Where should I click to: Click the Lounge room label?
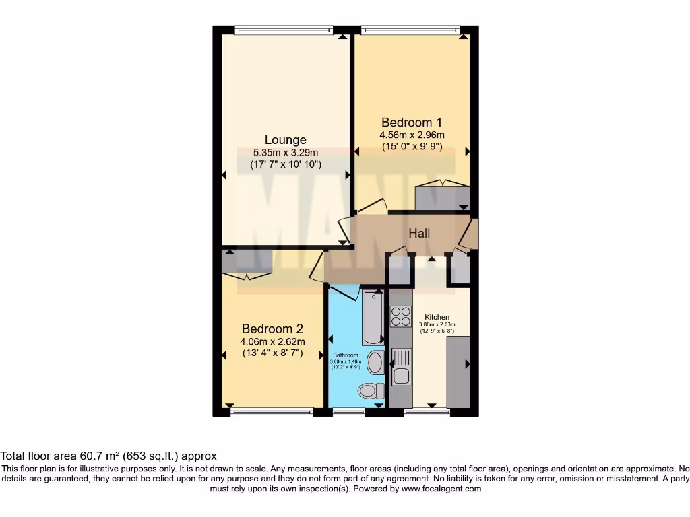285,140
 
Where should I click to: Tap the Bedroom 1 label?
412,123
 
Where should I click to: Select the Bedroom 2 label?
272,329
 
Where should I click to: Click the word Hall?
419,234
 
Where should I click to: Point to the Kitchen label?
437,317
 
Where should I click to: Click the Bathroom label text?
345,355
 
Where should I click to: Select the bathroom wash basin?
375,363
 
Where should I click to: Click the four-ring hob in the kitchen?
401,316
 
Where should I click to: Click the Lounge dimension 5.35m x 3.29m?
285,153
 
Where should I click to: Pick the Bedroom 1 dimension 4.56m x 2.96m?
412,135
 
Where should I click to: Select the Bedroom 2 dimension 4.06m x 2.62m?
272,341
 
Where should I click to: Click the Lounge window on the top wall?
284,29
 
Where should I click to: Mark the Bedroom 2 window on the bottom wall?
272,412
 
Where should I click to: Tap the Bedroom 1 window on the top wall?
410,29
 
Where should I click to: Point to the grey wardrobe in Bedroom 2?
247,262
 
